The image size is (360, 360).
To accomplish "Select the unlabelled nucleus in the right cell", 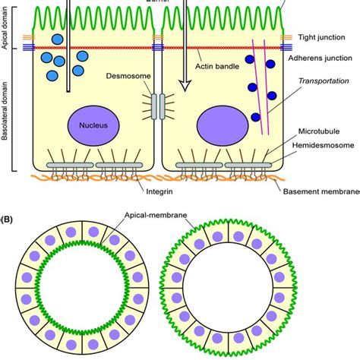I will pos(223,125).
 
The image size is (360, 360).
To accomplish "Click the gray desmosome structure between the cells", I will pos(156,106).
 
